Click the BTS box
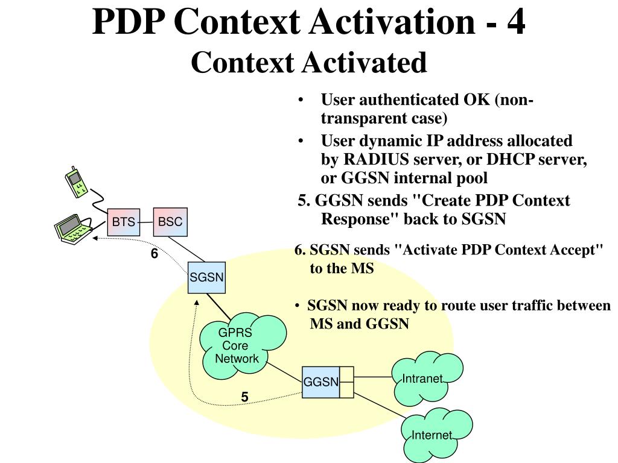123,222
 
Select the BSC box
170,222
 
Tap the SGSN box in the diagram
206,278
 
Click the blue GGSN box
320,382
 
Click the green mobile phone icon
76,181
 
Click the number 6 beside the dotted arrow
154,254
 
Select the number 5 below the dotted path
244,397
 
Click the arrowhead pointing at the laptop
95,239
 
